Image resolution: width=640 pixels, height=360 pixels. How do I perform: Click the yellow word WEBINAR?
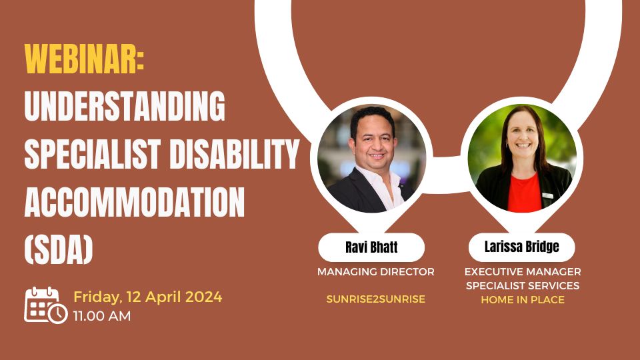pos(84,59)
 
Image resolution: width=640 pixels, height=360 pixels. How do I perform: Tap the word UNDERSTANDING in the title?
pos(125,105)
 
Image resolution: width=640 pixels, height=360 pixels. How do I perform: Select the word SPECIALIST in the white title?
pos(92,154)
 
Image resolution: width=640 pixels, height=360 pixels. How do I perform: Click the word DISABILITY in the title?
pos(234,154)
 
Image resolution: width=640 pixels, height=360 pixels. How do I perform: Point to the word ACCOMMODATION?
pos(134,202)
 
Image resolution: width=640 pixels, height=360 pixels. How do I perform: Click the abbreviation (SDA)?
pos(59,250)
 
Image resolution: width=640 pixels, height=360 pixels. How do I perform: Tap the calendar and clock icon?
pos(46,305)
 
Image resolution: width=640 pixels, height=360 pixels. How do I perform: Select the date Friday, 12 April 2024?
pos(148,297)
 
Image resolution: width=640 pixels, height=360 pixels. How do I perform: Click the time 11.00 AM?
pos(102,315)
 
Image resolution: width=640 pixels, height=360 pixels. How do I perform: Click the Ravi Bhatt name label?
pos(371,247)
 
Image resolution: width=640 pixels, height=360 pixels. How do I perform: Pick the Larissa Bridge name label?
pos(521,247)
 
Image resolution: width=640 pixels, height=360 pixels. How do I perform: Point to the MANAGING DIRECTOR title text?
pos(376,271)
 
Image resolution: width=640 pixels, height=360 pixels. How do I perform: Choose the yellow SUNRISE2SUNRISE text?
pos(376,299)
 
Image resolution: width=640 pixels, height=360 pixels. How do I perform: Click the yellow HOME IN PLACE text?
pos(523,299)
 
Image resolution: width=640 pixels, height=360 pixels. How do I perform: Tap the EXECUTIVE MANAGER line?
pos(523,271)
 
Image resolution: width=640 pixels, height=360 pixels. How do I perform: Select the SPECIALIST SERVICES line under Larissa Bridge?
pos(523,285)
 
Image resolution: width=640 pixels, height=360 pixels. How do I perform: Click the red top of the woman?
pos(524,193)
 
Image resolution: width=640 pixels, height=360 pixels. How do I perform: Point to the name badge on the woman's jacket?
pos(547,195)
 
